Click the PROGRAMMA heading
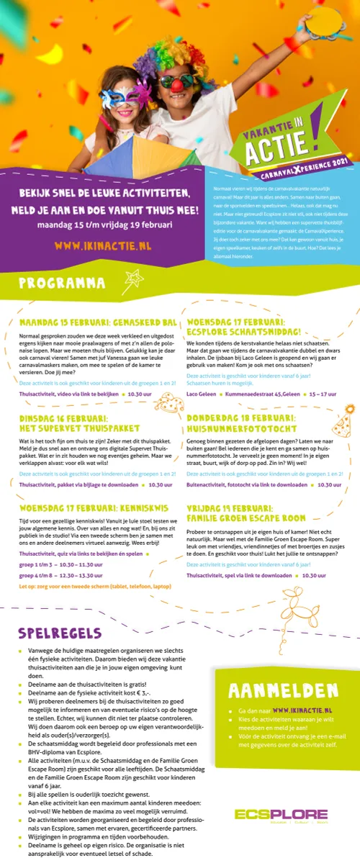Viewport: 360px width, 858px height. pos(62,284)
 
